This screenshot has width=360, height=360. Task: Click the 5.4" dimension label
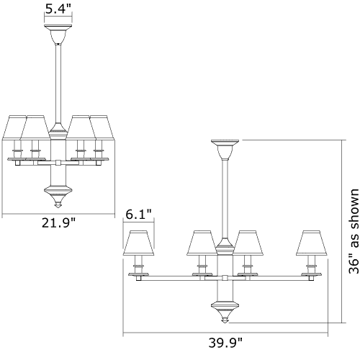[58, 9]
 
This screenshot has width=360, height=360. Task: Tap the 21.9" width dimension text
[58, 222]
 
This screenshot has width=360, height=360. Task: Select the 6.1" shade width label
[138, 214]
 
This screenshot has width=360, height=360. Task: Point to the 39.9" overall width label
[225, 343]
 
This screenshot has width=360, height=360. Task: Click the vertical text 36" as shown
[354, 231]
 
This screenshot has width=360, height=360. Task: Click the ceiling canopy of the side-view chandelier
[58, 34]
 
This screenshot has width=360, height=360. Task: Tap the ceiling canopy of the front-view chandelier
[225, 150]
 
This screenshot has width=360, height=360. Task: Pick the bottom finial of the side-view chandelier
[58, 197]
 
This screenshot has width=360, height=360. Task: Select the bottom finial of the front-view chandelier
[225, 312]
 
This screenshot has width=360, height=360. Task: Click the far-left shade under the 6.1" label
[138, 243]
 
